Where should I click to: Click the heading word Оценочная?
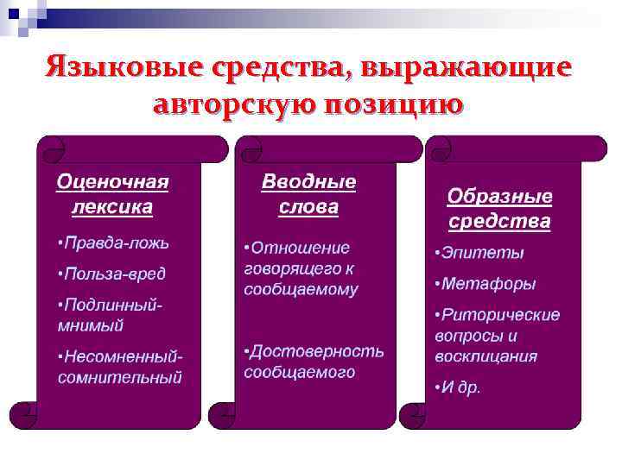112,182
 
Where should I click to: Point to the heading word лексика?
112,207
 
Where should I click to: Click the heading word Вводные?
308,182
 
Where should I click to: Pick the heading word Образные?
499,196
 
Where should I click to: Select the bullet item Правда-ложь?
114,242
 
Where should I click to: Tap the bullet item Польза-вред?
112,274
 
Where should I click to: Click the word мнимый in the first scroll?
91,325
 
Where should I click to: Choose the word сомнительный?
120,377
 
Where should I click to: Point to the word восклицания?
486,356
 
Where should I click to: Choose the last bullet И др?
459,387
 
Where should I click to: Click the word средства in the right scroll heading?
499,221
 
